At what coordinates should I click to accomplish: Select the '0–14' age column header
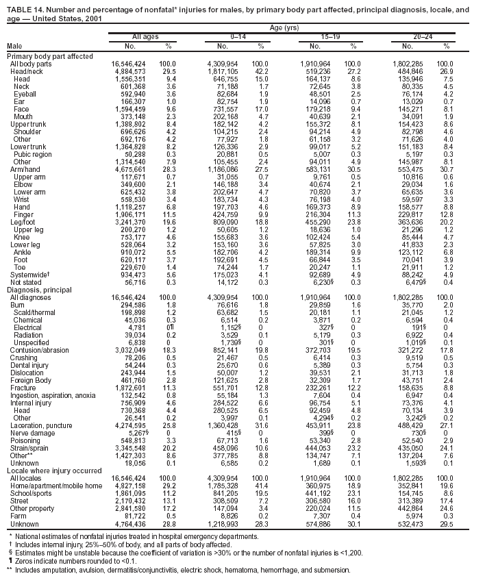tap(238, 35)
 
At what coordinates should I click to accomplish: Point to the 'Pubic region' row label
tap(32, 154)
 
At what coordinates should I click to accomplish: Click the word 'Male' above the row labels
tap(14, 45)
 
